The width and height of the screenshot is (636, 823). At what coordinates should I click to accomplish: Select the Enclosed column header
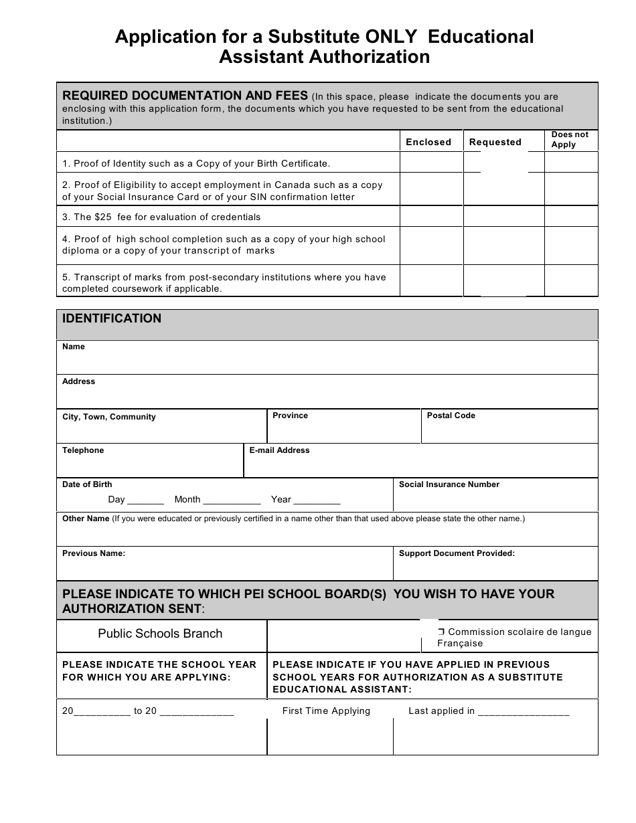pyautogui.click(x=428, y=142)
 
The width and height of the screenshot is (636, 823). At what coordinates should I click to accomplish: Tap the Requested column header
pyautogui.click(x=495, y=142)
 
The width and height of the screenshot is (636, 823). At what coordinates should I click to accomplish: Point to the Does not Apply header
pyautogui.click(x=570, y=139)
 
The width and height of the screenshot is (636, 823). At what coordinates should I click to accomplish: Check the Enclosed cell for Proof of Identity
pyautogui.click(x=431, y=163)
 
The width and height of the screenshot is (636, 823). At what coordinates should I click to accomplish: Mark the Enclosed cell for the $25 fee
pyautogui.click(x=431, y=216)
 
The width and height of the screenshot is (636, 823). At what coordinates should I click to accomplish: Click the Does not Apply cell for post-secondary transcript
pyautogui.click(x=570, y=280)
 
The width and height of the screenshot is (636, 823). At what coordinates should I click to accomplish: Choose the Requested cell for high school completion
pyautogui.click(x=503, y=245)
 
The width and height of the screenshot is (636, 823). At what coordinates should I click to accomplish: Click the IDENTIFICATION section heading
pyautogui.click(x=112, y=318)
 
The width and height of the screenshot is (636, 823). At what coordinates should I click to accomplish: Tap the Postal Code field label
pyautogui.click(x=451, y=416)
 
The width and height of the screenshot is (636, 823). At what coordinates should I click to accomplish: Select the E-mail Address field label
pyautogui.click(x=279, y=450)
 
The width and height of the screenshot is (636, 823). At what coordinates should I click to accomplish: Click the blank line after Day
pyautogui.click(x=146, y=500)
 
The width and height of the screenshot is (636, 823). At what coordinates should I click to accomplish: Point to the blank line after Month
pyautogui.click(x=232, y=500)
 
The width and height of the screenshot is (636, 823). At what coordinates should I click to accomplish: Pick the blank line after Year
pyautogui.click(x=317, y=500)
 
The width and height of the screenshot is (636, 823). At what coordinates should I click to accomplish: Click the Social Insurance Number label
pyautogui.click(x=449, y=484)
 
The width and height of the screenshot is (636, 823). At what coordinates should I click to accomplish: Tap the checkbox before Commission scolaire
pyautogui.click(x=441, y=632)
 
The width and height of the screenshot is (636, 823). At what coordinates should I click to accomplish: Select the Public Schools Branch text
pyautogui.click(x=160, y=634)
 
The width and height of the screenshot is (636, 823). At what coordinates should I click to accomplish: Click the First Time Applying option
pyautogui.click(x=326, y=711)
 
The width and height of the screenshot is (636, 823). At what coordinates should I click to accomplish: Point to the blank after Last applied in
pyautogui.click(x=524, y=712)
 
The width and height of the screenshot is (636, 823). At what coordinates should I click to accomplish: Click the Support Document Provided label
pyautogui.click(x=457, y=553)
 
